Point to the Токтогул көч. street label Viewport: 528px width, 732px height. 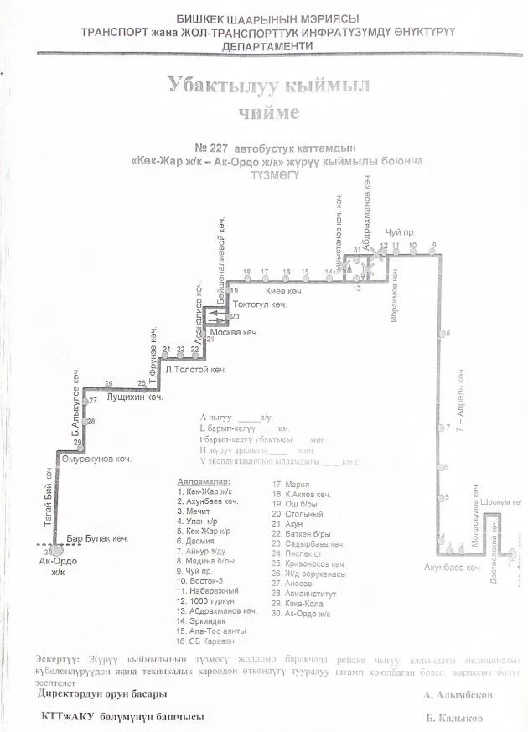click(x=260, y=304)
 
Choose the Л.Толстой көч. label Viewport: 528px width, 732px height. click(x=197, y=369)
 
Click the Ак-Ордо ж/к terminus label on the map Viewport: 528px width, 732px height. click(x=57, y=568)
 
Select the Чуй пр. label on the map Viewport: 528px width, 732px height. click(x=400, y=231)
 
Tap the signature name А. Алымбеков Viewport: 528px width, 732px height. click(x=457, y=695)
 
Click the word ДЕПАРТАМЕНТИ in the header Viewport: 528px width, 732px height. click(x=268, y=48)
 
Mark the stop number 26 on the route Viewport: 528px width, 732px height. click(x=108, y=383)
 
